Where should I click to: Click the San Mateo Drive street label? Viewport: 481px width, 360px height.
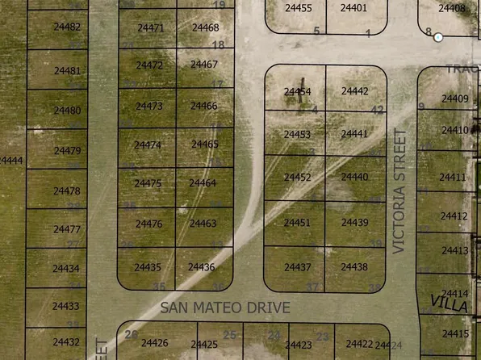[x=224, y=308]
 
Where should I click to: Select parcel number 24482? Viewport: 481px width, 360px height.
[x=67, y=27]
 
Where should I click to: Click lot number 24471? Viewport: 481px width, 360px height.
[x=149, y=28]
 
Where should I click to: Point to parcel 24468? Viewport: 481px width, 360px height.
[x=205, y=27]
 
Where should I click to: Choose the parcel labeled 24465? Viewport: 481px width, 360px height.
[x=204, y=144]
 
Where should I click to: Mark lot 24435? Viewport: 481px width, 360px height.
[x=148, y=267]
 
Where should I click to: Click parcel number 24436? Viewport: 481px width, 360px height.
[x=201, y=266]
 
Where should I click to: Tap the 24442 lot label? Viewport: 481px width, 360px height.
[x=354, y=92]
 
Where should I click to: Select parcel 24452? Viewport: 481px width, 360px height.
[x=297, y=178]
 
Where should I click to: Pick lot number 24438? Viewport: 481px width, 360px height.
[x=353, y=266]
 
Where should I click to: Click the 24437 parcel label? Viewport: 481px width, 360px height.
[x=297, y=266]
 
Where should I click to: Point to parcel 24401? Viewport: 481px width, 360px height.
[x=353, y=8]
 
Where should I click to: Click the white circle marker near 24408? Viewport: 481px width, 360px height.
[x=438, y=37]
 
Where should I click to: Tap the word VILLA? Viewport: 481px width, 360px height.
[x=449, y=304]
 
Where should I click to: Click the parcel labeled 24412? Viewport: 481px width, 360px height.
[x=454, y=216]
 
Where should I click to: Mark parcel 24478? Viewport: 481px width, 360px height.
[x=66, y=191]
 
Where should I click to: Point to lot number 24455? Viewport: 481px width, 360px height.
[x=299, y=8]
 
